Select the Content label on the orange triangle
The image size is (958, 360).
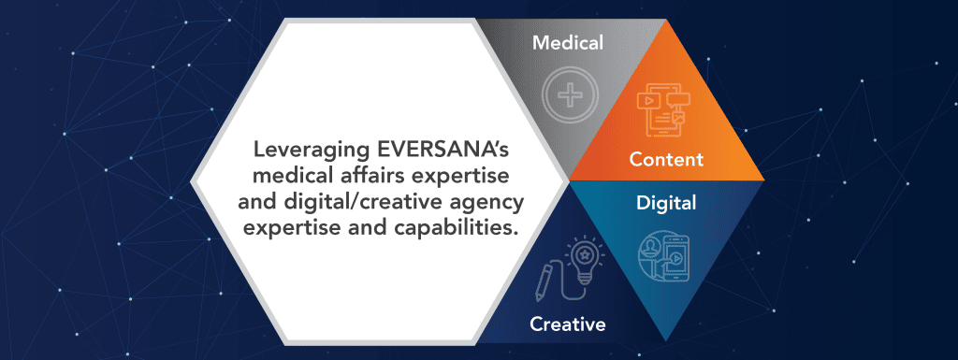click(666, 160)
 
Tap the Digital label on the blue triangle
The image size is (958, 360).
click(666, 201)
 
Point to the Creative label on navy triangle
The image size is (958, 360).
click(568, 324)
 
